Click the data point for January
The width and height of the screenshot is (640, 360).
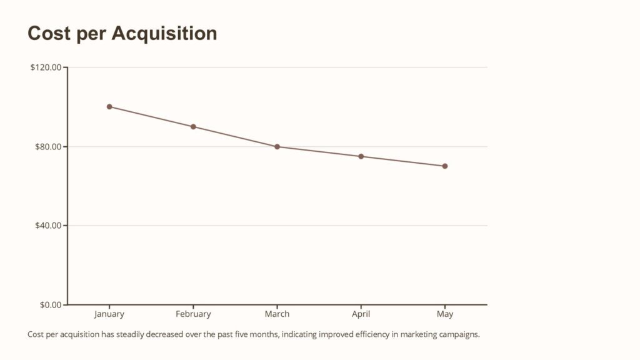(109, 107)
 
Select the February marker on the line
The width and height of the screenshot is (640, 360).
(193, 127)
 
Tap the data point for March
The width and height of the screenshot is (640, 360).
(277, 147)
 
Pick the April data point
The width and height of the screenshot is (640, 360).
(361, 156)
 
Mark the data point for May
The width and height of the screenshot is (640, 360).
(445, 166)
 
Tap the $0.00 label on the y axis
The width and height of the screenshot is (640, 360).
(50, 305)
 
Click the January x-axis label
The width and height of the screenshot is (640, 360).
(109, 314)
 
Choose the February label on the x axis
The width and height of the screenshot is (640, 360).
(193, 314)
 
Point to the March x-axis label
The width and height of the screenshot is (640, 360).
(277, 314)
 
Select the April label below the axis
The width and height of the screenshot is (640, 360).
(361, 314)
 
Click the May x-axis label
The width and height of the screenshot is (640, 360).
(445, 314)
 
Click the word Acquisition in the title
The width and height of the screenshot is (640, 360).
(164, 34)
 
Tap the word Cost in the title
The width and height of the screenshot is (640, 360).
(48, 34)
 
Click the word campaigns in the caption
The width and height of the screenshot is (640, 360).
(459, 334)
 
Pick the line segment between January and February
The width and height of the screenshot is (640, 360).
(151, 117)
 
